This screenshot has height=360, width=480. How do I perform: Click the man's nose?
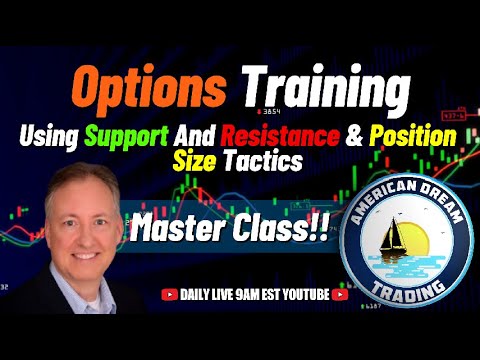click(x=79, y=234)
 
